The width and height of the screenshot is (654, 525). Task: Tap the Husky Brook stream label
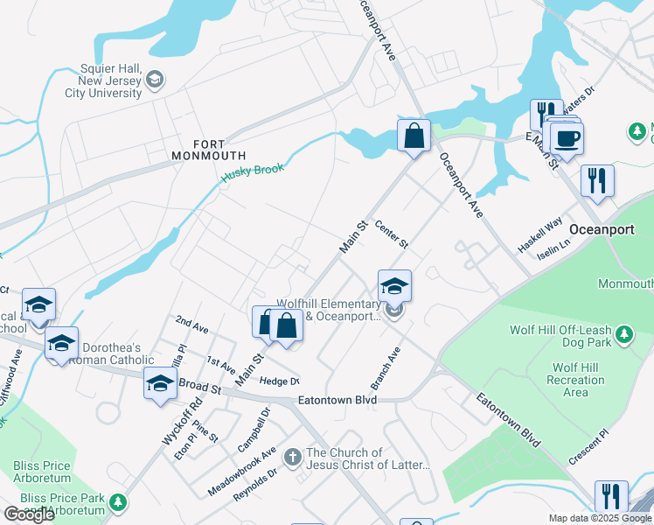point(253,169)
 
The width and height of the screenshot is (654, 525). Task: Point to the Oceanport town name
point(600,229)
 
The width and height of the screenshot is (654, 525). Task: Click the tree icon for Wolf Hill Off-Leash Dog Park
point(623,333)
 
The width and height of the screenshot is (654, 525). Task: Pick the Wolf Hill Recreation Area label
point(575,380)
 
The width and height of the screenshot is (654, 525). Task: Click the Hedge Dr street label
point(279,381)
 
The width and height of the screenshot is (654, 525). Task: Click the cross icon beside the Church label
point(293,455)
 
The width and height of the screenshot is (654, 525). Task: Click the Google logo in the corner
point(29,514)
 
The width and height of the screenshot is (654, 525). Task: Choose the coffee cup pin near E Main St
point(567,137)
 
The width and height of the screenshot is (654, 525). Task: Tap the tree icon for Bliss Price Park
point(116,503)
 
